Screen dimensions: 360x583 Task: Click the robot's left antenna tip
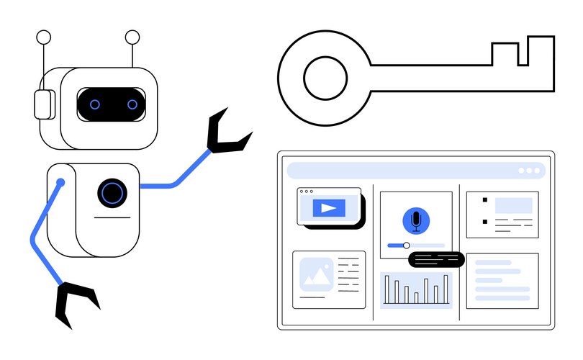tap(43, 37)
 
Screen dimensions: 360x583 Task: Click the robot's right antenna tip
tap(132, 37)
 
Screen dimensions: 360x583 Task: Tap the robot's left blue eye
tap(95, 104)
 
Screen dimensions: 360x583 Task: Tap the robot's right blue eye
tap(132, 104)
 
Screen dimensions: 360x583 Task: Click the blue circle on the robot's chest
tap(112, 192)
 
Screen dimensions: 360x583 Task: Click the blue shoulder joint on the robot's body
tap(60, 183)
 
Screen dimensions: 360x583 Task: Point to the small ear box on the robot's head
tap(44, 104)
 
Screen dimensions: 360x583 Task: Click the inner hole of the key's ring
tap(325, 77)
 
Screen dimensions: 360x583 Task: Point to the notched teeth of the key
tap(522, 54)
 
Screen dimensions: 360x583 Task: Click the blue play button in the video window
tap(328, 208)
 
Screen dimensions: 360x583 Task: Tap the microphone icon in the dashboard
tap(416, 220)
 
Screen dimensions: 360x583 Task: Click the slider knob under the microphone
tap(407, 246)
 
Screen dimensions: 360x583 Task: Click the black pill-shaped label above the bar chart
tap(435, 260)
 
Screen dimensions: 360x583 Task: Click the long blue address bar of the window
tap(403, 171)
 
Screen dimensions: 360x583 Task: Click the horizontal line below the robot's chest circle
tap(112, 217)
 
